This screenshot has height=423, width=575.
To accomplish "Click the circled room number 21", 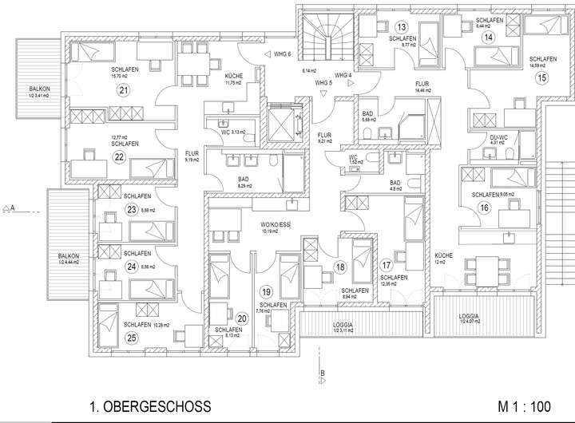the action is (123, 90).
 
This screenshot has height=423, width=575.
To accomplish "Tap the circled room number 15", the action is (542, 78).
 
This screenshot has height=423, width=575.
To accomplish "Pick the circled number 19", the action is (267, 291).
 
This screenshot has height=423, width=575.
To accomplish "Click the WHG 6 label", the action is (283, 53).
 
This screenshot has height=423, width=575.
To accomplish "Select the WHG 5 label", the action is (323, 82).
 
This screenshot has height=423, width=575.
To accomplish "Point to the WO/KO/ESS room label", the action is (275, 227).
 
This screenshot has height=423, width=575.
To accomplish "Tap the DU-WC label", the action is (499, 138).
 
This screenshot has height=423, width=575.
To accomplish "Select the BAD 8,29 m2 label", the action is (243, 180).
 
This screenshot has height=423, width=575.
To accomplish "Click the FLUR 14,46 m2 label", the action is (422, 86).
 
